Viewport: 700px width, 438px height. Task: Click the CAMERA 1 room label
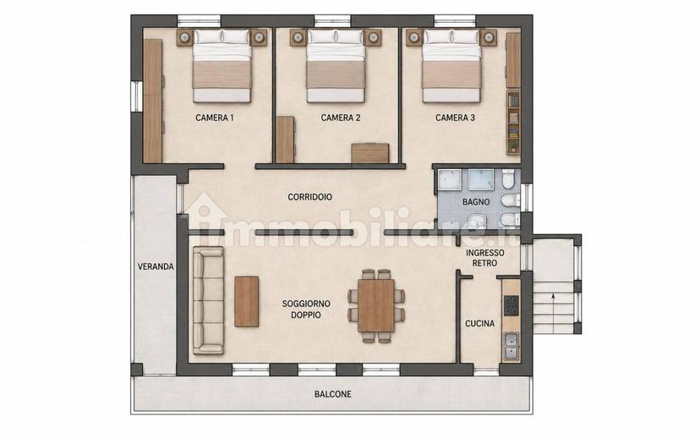pyautogui.click(x=214, y=118)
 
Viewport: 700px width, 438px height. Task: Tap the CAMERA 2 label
pyautogui.click(x=341, y=118)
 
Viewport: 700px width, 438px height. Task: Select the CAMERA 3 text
pyautogui.click(x=455, y=118)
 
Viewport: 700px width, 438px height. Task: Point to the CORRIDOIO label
pyautogui.click(x=309, y=197)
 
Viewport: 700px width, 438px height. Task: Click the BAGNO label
pyautogui.click(x=476, y=202)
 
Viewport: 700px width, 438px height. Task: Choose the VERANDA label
pyautogui.click(x=156, y=267)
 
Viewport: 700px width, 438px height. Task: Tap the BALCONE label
pyautogui.click(x=332, y=394)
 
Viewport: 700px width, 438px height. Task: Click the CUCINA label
pyautogui.click(x=480, y=324)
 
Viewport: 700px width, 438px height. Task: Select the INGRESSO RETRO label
pyautogui.click(x=484, y=258)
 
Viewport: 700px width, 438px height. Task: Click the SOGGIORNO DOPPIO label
pyautogui.click(x=306, y=309)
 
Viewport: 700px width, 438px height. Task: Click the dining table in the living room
pyautogui.click(x=376, y=305)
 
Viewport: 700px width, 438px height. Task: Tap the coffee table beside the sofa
pyautogui.click(x=246, y=301)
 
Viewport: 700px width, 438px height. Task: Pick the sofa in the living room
pyautogui.click(x=208, y=300)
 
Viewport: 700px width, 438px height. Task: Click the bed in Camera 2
pyautogui.click(x=336, y=66)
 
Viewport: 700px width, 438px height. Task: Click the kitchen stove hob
pyautogui.click(x=511, y=305)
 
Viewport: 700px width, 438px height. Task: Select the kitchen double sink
pyautogui.click(x=511, y=346)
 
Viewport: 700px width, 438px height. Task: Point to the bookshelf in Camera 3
pyautogui.click(x=514, y=122)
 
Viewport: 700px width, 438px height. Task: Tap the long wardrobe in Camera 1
pyautogui.click(x=153, y=101)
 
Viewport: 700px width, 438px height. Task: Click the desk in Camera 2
pyautogui.click(x=369, y=153)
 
